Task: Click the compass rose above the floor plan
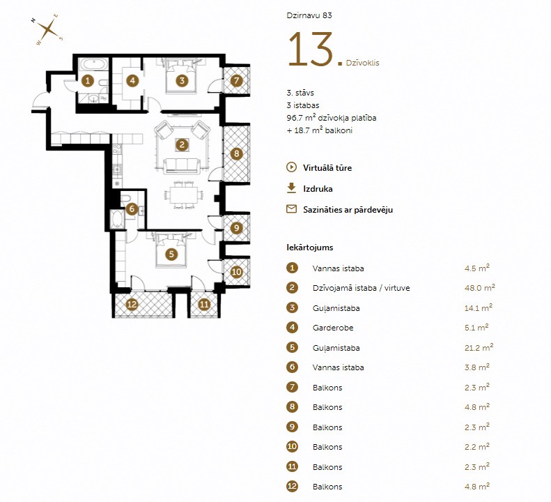click(x=48, y=29)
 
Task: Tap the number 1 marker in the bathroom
click(x=88, y=81)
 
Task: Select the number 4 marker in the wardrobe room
click(x=132, y=81)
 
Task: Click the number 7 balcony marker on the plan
click(x=237, y=80)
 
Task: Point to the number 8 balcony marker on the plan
click(x=237, y=153)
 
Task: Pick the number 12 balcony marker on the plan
click(x=132, y=304)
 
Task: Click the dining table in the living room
click(x=184, y=195)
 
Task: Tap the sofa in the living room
click(x=182, y=166)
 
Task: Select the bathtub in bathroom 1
click(x=92, y=64)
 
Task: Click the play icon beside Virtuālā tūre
click(x=291, y=167)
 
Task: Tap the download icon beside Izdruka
click(x=291, y=188)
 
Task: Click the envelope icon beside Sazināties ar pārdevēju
click(x=291, y=209)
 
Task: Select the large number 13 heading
click(x=311, y=50)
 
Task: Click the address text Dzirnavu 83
click(x=309, y=15)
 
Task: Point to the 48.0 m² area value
click(x=480, y=287)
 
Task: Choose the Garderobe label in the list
click(x=333, y=328)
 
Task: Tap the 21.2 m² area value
click(x=479, y=347)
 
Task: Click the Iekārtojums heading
click(x=310, y=248)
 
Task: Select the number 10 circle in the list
click(x=292, y=446)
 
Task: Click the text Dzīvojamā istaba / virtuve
click(x=362, y=288)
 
